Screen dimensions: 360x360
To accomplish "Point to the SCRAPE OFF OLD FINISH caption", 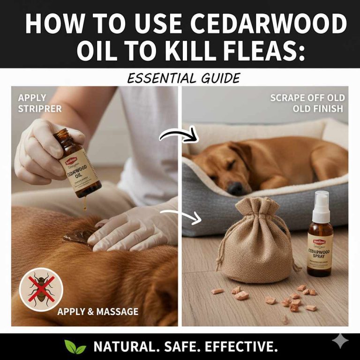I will click(x=307, y=103).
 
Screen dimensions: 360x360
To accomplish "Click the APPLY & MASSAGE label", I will click(x=98, y=311).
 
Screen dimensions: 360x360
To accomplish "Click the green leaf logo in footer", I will click(x=75, y=347).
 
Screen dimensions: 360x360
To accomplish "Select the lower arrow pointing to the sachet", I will click(x=180, y=215).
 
